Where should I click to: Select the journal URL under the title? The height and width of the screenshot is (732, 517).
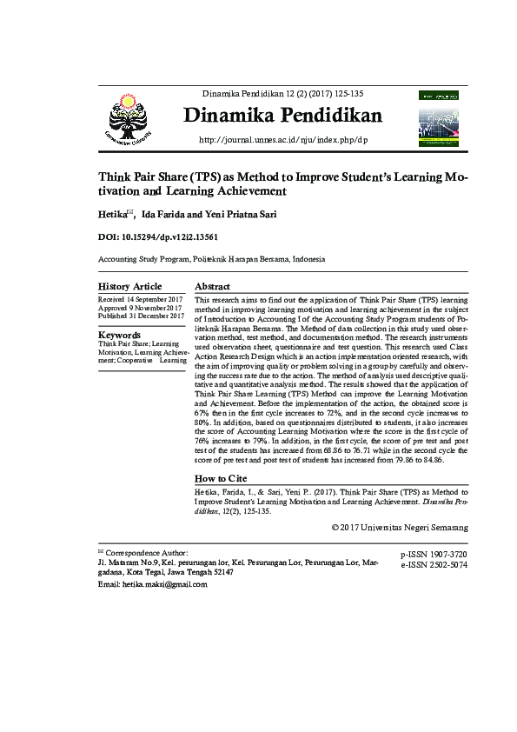[284, 139]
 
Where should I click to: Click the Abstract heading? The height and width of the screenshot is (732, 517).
[212, 287]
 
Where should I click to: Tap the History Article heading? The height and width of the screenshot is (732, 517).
[129, 287]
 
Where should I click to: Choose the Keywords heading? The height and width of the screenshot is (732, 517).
[120, 335]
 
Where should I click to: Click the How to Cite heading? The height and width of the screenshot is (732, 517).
[221, 479]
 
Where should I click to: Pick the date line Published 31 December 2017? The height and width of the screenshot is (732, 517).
[141, 316]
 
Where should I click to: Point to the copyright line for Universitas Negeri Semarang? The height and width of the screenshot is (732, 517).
[400, 528]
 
